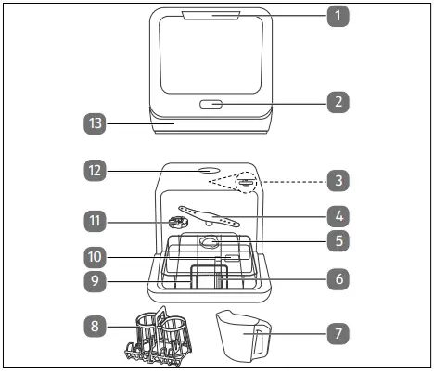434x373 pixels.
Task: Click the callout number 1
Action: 340,16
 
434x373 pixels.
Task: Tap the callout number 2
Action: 340,103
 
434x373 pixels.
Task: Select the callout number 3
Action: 340,178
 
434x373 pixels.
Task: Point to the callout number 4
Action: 340,214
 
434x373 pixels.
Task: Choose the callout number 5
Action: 340,240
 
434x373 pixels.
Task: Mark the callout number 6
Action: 340,277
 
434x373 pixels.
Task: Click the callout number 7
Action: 340,331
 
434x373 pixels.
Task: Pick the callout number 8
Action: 93,326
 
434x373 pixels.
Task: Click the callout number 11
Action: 93,221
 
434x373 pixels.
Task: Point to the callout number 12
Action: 93,171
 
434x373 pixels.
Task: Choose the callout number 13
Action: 93,122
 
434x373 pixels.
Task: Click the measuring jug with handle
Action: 242,333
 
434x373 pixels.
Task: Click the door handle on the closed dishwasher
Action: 211,104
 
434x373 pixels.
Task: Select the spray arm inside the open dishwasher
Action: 210,216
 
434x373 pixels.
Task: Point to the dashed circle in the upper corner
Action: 245,182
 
